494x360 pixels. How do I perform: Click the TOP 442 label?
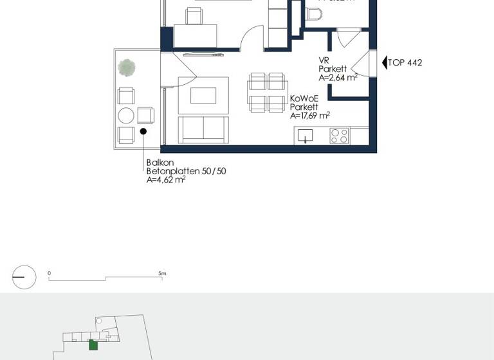(x=405, y=62)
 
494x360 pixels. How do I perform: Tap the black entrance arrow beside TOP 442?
(x=385, y=62)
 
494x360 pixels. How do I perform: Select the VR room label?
(x=324, y=60)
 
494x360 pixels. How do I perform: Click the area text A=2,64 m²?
(x=338, y=78)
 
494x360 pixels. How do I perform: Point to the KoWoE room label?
(x=303, y=99)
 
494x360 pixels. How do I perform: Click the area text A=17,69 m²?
(x=309, y=116)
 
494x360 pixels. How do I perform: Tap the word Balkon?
(x=160, y=163)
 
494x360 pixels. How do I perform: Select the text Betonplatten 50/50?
(x=186, y=172)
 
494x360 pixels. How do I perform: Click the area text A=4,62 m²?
(x=166, y=181)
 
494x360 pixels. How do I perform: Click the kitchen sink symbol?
(x=306, y=136)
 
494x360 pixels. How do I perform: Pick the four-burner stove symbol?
(x=339, y=136)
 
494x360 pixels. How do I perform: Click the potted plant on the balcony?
(x=127, y=67)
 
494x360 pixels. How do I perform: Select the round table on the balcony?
(x=126, y=116)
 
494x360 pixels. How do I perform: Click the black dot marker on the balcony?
(x=143, y=131)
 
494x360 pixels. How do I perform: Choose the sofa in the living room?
(x=203, y=129)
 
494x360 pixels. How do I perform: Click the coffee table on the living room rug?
(x=203, y=95)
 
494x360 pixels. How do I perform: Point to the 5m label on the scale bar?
(x=163, y=273)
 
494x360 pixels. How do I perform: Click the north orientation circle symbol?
(x=24, y=277)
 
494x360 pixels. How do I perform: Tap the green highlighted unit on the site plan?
(x=93, y=345)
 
